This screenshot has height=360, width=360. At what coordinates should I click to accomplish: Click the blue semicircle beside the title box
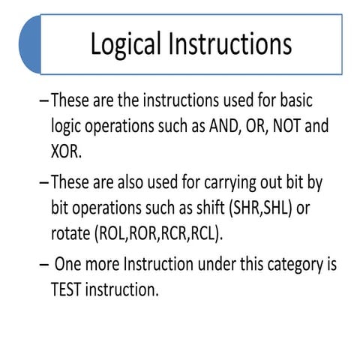coord(30,44)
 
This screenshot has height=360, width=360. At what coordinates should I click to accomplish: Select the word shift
coord(222,207)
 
